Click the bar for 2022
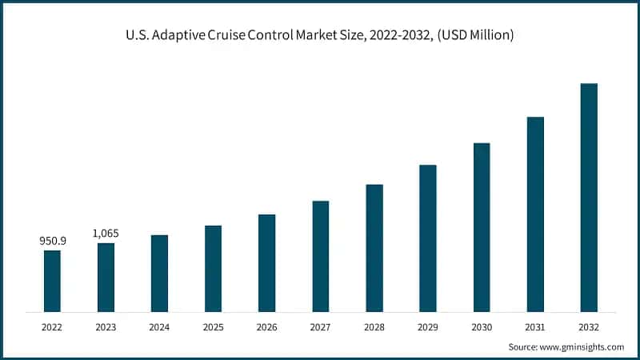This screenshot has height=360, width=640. pos(52,281)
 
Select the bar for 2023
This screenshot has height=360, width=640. pos(106,277)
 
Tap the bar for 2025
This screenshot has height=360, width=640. pos(213,268)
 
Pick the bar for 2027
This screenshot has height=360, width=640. pos(320,256)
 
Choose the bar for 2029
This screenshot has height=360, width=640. pos(428,238)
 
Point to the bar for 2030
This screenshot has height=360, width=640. pos(482,227)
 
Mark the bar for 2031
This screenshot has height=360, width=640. pos(535,214)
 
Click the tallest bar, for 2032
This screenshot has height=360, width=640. pos(589,197)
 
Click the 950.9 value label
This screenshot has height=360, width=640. pos(52,240)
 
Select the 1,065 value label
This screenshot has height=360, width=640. pos(106,233)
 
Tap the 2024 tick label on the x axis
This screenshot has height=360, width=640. pos(159,326)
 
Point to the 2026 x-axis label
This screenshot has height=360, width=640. pos(266,326)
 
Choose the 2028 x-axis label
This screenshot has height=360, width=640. pos(374,326)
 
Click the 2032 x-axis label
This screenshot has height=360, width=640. pos(589,326)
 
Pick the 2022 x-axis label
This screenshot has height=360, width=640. pos(52,326)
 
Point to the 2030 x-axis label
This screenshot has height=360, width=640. pos(482,326)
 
